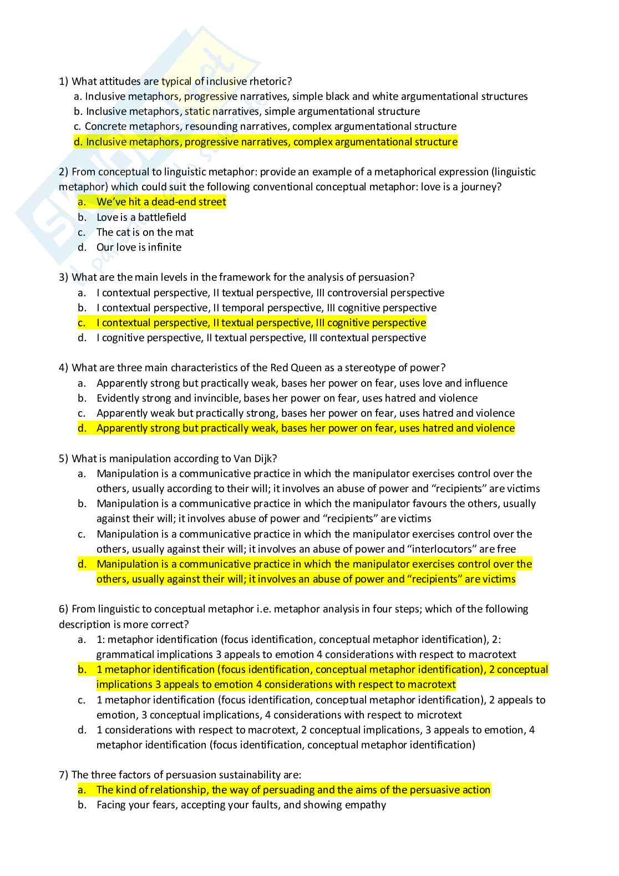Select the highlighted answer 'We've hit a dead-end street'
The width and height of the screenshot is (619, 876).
pos(161,202)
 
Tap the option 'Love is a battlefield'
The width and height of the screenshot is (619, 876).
pos(141,217)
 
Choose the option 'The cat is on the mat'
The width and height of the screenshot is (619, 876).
pos(145,232)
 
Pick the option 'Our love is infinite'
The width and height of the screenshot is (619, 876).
pos(139,247)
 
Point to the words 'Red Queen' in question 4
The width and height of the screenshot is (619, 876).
pos(293,368)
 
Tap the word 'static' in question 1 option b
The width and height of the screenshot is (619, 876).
pos(198,112)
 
